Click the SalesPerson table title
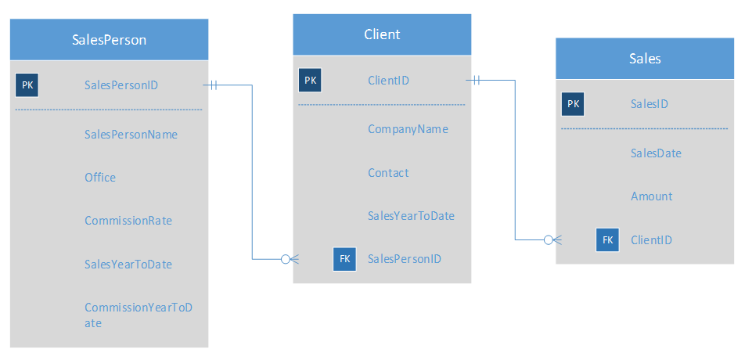click(109, 40)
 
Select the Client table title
click(382, 34)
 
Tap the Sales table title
click(645, 59)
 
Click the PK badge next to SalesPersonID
click(27, 85)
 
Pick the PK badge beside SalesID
click(573, 103)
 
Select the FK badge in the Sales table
click(607, 240)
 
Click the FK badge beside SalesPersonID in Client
click(344, 259)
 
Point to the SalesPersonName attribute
click(131, 135)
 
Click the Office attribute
click(100, 178)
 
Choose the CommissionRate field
click(128, 221)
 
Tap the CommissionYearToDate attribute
click(138, 315)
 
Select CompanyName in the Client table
click(408, 129)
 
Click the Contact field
click(388, 173)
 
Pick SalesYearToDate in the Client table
click(411, 216)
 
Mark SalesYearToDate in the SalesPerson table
click(128, 265)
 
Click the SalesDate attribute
click(656, 153)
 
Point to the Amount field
click(651, 196)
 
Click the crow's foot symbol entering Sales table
click(549, 239)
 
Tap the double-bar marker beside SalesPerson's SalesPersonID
click(212, 85)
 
